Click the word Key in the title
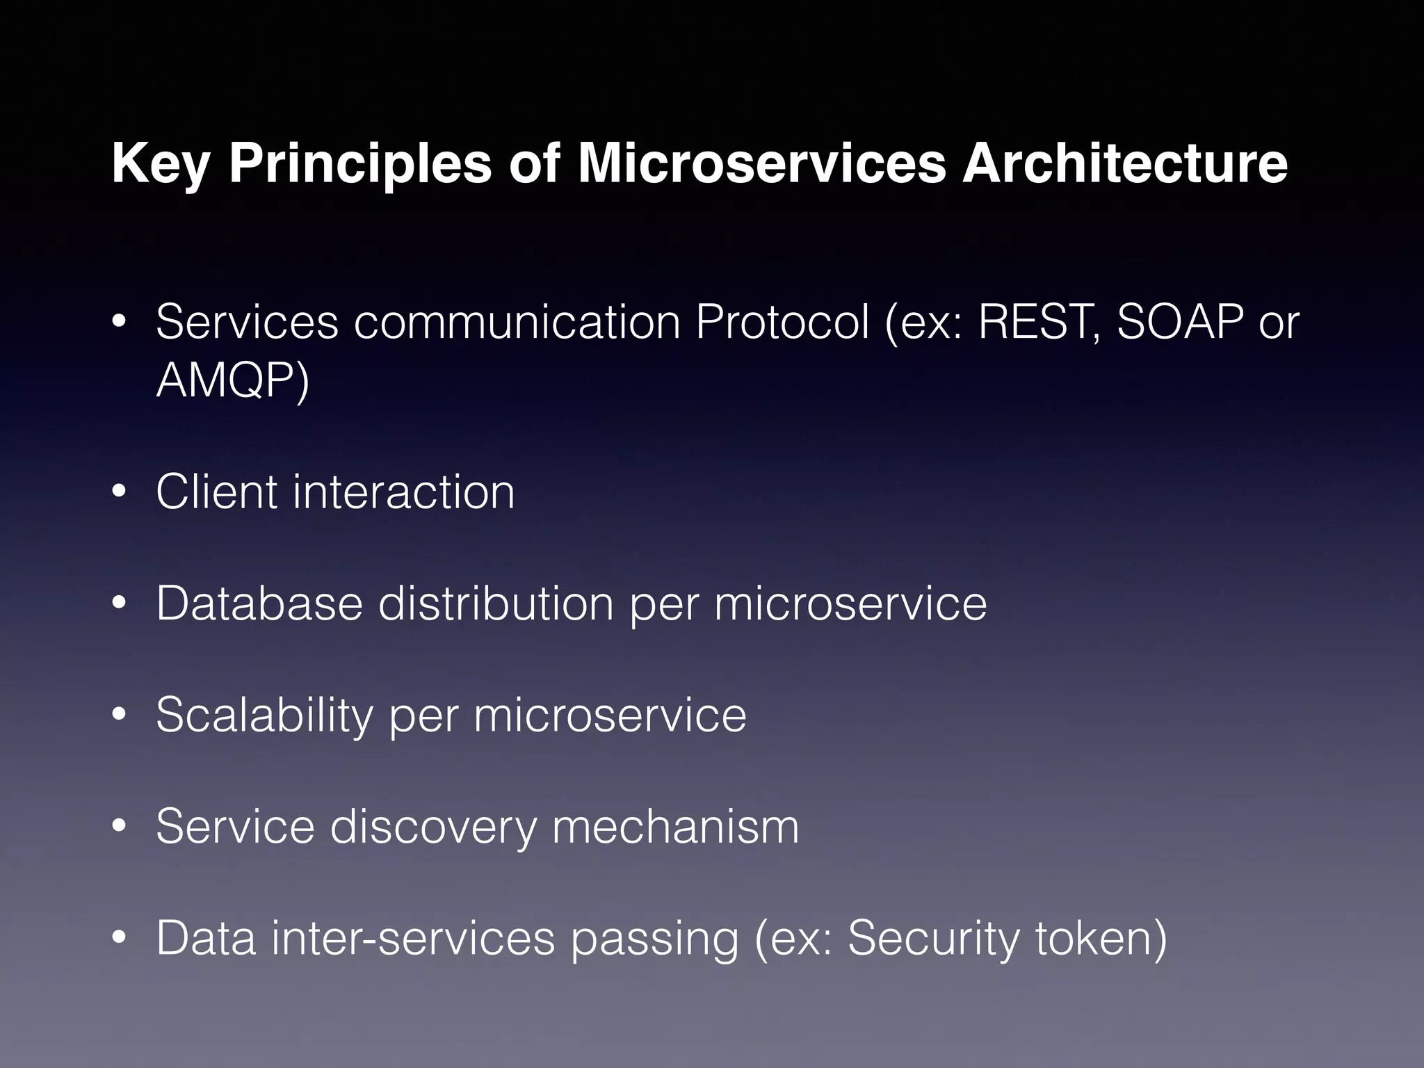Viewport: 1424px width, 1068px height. (x=162, y=165)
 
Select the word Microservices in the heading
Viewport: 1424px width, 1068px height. (x=761, y=164)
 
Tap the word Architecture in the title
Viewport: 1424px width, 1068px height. (x=1124, y=164)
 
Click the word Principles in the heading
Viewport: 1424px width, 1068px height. (x=360, y=165)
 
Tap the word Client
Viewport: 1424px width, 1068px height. (x=216, y=492)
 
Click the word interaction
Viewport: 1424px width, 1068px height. (x=404, y=492)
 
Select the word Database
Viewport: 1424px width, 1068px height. (x=259, y=603)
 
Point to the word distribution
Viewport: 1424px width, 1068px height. (x=496, y=603)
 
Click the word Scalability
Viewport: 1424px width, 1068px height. (x=264, y=715)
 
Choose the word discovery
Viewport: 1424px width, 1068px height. (x=433, y=827)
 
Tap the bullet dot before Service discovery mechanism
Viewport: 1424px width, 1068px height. (x=119, y=827)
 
